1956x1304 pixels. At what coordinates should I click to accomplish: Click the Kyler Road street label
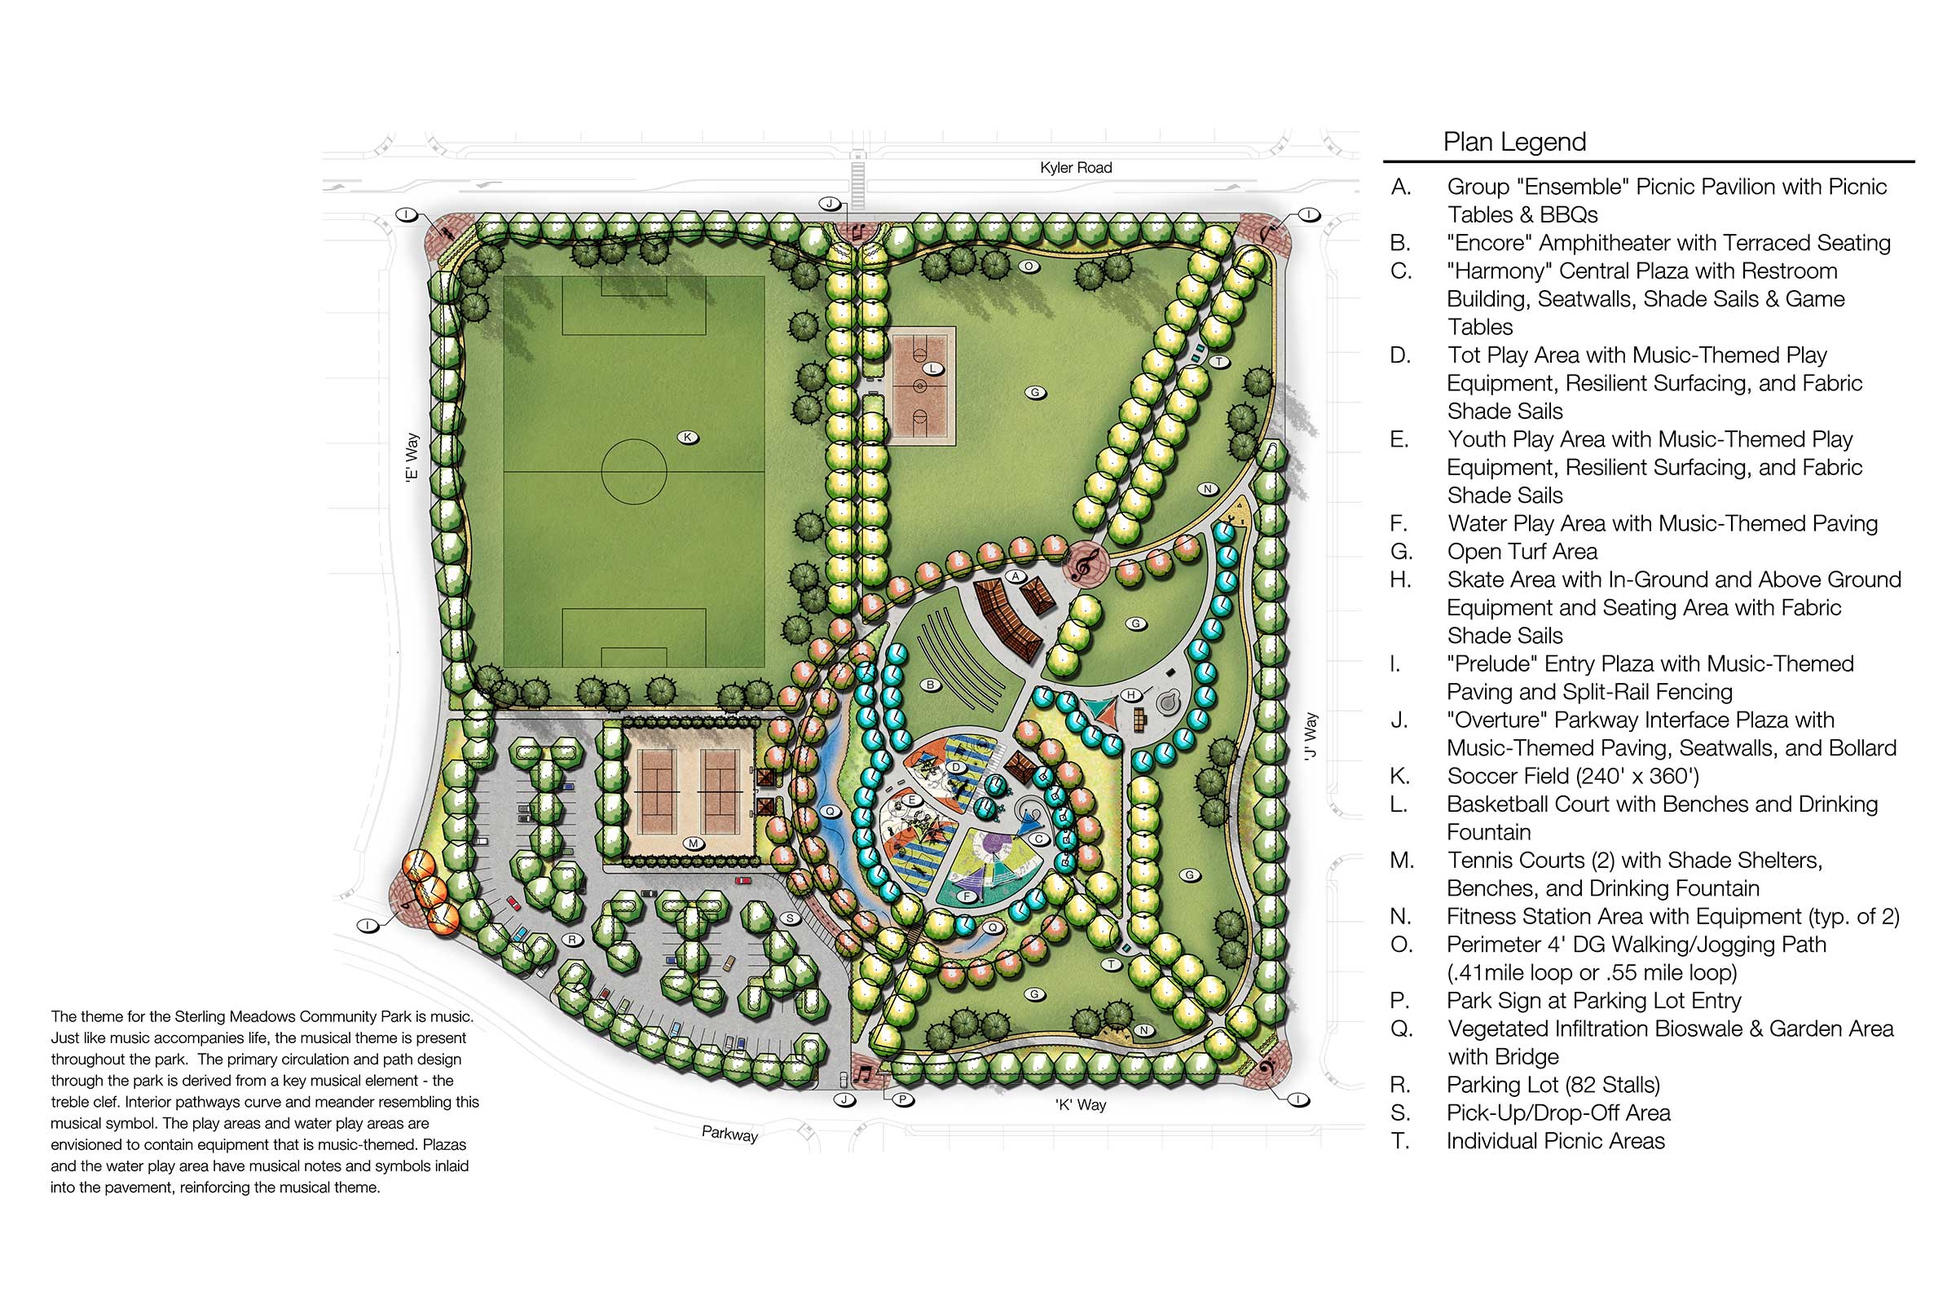click(x=1075, y=168)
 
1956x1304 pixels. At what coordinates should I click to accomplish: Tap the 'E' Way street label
click(x=411, y=457)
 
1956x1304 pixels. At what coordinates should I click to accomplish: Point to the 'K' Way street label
click(x=1081, y=1105)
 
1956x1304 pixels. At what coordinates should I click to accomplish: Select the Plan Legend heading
click(x=1514, y=142)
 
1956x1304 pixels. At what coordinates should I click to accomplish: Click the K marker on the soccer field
click(x=688, y=438)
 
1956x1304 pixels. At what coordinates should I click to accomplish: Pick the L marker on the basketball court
click(x=933, y=368)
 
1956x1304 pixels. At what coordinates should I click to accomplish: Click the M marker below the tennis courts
click(x=693, y=844)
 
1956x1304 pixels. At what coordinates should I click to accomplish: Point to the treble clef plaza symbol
click(x=1084, y=566)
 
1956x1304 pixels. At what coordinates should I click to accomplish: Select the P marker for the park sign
click(x=903, y=1099)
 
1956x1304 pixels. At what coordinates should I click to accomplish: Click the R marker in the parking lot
click(x=572, y=940)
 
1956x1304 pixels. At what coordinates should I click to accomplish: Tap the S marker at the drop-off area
click(x=790, y=919)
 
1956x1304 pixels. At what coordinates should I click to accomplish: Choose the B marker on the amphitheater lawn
click(x=931, y=685)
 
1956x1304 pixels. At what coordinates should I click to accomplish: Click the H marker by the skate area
click(x=1131, y=694)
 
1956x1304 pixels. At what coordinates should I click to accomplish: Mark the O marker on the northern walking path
click(x=1029, y=267)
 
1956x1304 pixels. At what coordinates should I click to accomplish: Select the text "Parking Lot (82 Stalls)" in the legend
click(x=1553, y=1086)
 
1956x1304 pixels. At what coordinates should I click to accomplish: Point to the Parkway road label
click(x=729, y=1134)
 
